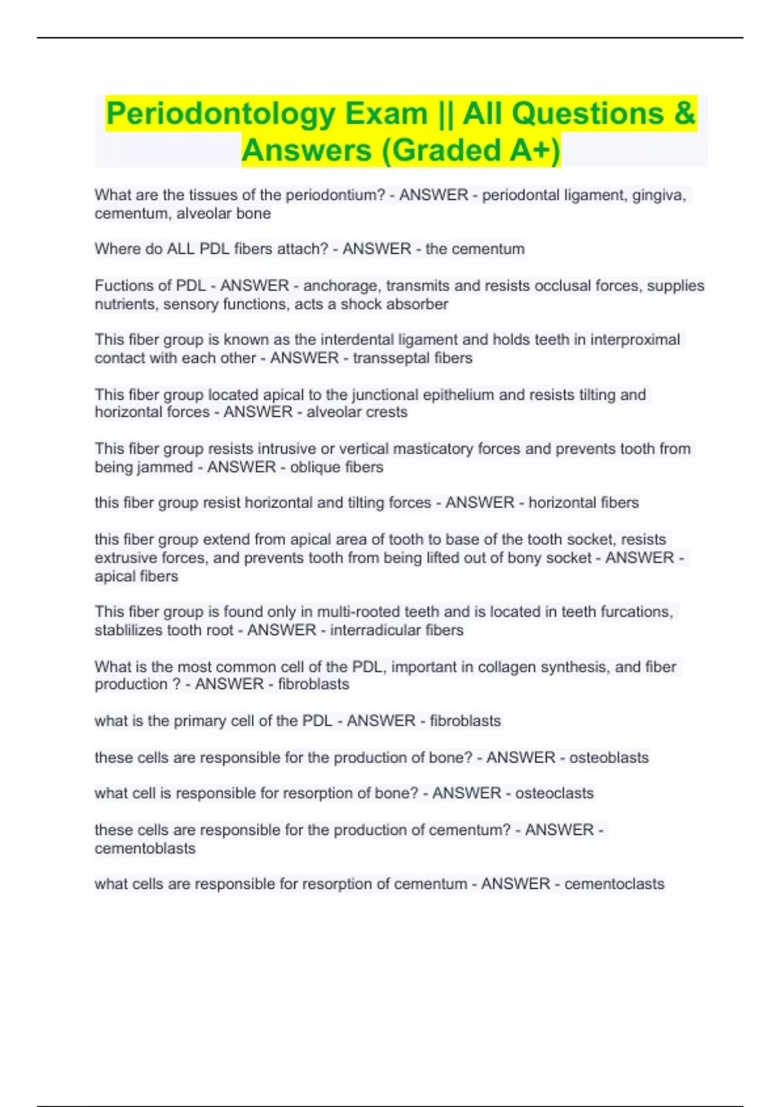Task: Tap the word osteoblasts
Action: tap(609, 757)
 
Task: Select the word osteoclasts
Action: tap(555, 793)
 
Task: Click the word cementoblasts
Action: tap(145, 848)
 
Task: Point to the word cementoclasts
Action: tap(614, 884)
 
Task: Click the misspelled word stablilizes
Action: tap(128, 630)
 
